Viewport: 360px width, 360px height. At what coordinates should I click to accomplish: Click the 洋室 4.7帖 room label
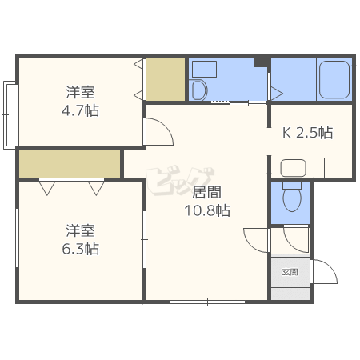click(x=80, y=102)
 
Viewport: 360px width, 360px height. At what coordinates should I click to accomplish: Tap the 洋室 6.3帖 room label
click(x=80, y=240)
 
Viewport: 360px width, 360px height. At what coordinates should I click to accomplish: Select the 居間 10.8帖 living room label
click(x=207, y=202)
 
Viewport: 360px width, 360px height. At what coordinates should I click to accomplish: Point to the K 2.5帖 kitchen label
click(x=307, y=132)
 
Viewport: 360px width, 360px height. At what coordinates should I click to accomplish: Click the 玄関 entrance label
click(x=290, y=272)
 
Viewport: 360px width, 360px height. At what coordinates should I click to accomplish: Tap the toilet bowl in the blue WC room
click(x=292, y=197)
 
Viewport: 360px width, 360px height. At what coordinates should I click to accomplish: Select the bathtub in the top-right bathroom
click(x=334, y=79)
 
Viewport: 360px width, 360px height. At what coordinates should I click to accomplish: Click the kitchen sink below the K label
click(x=293, y=168)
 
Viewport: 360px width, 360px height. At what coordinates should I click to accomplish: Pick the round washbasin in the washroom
click(x=199, y=90)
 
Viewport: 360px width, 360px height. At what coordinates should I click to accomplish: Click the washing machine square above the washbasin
click(x=204, y=69)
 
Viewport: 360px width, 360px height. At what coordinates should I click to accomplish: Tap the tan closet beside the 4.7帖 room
click(x=166, y=79)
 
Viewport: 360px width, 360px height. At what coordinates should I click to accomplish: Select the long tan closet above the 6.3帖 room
click(x=70, y=163)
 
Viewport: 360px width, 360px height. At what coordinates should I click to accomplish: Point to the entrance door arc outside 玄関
click(x=330, y=266)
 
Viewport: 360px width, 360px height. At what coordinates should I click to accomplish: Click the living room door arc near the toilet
click(x=250, y=245)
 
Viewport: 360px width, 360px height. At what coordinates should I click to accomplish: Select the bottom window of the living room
click(x=207, y=302)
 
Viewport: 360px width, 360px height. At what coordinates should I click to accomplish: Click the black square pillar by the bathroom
click(x=261, y=62)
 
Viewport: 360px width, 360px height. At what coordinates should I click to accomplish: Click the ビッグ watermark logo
click(x=181, y=180)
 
